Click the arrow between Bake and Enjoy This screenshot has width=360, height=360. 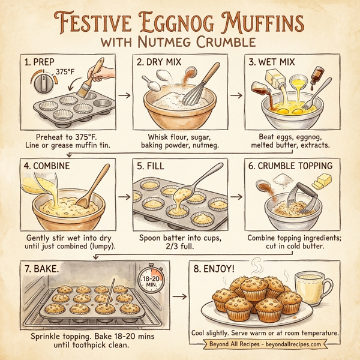(x=179, y=296)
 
